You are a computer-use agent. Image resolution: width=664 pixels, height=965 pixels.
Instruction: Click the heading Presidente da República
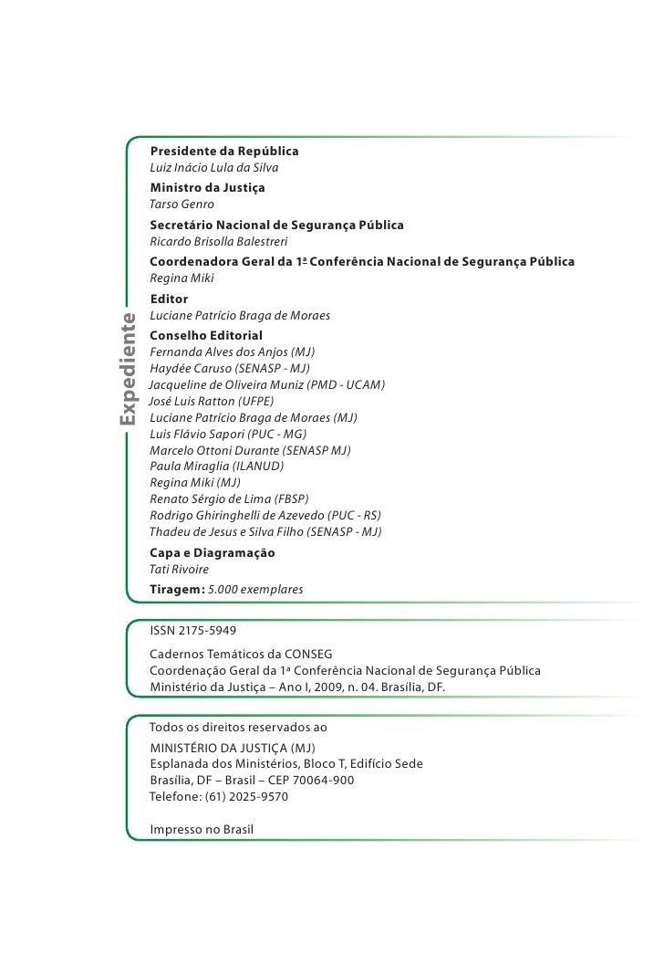click(x=223, y=150)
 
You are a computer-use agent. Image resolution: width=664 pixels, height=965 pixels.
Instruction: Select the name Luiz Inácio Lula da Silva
click(x=213, y=168)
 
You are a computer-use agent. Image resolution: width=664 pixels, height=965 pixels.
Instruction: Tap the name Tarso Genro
click(x=182, y=204)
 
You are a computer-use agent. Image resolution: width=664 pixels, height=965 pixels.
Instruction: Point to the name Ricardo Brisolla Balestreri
click(x=218, y=242)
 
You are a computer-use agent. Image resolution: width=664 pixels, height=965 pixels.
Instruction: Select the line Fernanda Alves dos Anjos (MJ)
click(x=233, y=351)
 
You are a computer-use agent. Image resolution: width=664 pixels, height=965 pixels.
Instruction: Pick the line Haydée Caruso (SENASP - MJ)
click(x=229, y=368)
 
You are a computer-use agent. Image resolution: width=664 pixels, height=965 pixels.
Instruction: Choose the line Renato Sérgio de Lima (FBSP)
click(x=229, y=498)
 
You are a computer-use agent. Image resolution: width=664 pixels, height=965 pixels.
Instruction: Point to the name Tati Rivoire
click(x=179, y=570)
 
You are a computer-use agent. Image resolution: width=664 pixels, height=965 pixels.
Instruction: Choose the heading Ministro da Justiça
click(x=207, y=186)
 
